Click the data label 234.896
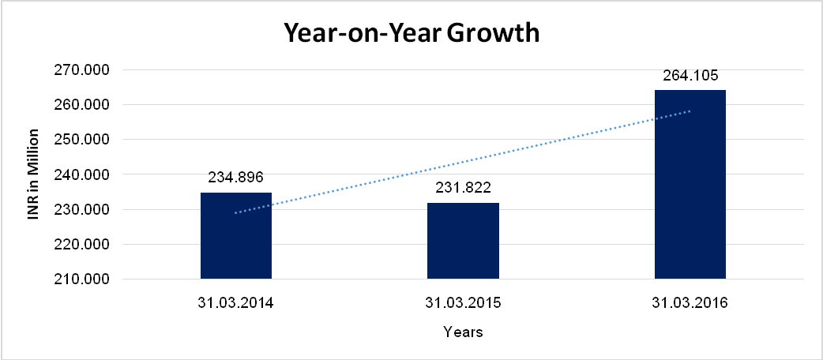click(x=235, y=178)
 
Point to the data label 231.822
click(x=463, y=189)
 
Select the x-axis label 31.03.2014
click(x=235, y=303)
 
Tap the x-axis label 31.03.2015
click(x=463, y=303)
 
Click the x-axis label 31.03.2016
click(x=690, y=303)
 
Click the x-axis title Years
click(x=463, y=332)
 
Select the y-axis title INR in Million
click(x=34, y=174)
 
